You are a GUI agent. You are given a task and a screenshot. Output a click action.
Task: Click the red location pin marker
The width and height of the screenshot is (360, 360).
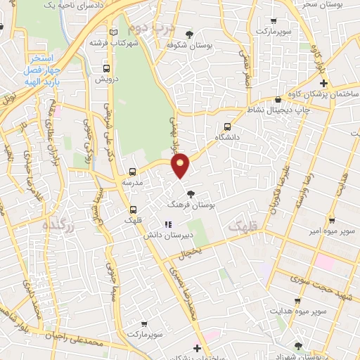[181, 165]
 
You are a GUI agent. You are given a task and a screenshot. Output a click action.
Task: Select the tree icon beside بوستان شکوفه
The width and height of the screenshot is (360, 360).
[188, 34]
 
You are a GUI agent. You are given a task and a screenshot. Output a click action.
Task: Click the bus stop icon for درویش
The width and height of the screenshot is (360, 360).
[106, 69]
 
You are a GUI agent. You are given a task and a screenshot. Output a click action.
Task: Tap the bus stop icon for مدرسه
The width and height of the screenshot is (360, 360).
[132, 172]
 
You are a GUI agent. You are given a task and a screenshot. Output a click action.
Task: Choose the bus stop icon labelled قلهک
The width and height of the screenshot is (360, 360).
[133, 209]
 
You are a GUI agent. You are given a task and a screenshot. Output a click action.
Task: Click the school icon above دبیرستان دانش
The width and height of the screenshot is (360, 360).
[167, 225]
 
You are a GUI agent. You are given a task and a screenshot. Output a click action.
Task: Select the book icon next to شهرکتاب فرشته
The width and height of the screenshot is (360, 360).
[115, 32]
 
